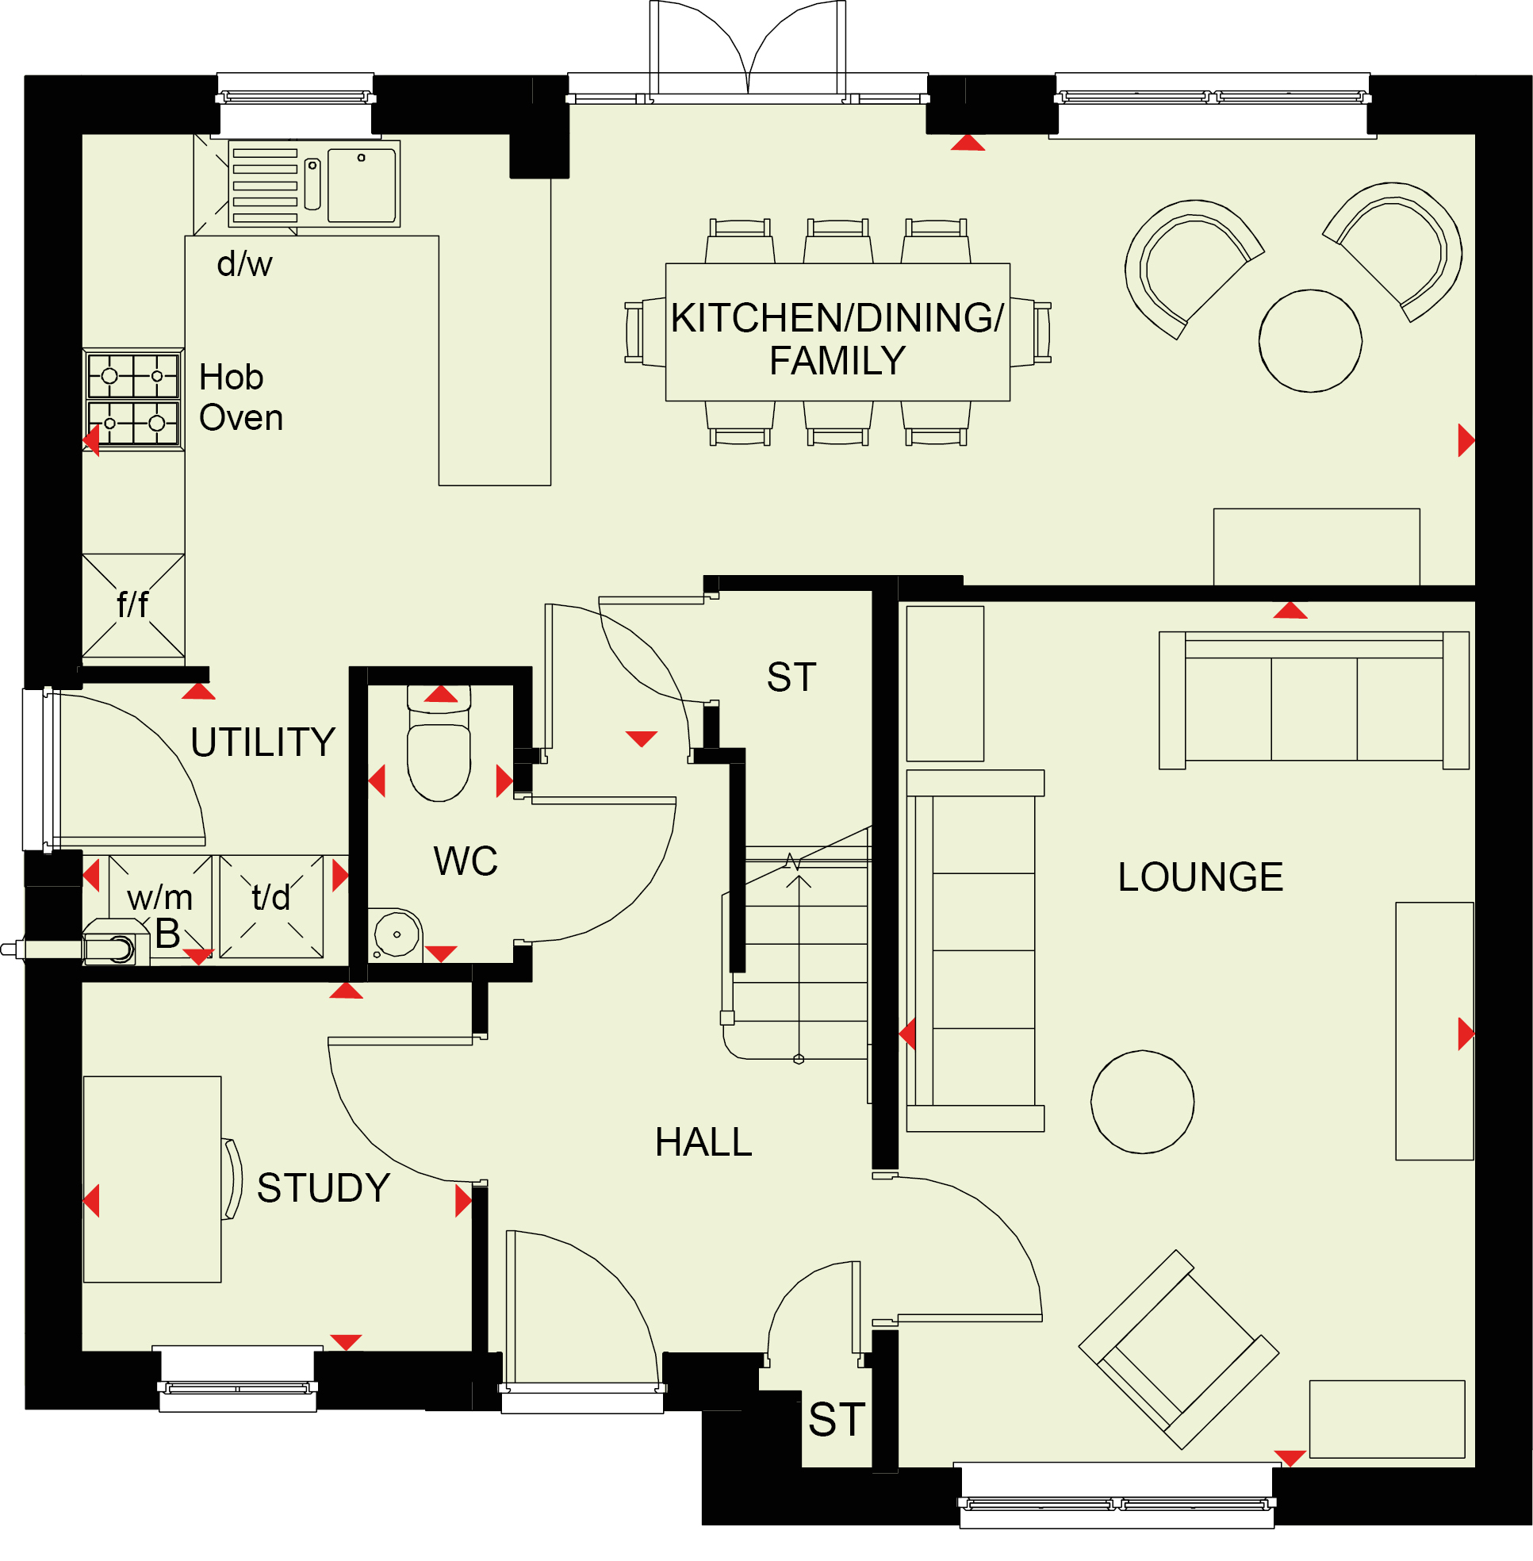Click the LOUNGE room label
[1200, 877]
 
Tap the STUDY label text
[324, 1188]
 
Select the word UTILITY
[263, 742]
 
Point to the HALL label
[703, 1142]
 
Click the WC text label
[466, 861]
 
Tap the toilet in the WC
[439, 742]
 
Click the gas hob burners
[133, 399]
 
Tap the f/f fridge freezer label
[133, 604]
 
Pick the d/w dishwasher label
[245, 263]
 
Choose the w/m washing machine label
[159, 897]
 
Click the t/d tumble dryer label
[270, 897]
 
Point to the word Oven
[241, 418]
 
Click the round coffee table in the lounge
[1143, 1102]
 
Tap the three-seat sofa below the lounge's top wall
[1314, 700]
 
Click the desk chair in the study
[232, 1179]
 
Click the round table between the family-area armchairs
[1311, 341]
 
